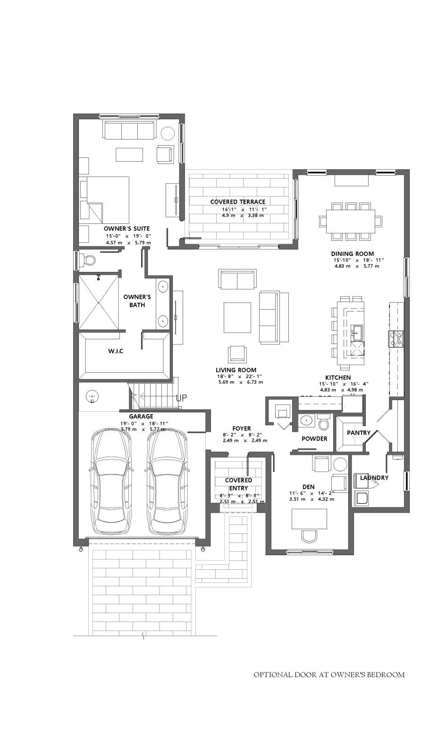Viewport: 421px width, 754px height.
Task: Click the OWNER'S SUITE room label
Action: (126, 229)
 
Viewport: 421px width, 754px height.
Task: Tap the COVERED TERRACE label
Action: (237, 202)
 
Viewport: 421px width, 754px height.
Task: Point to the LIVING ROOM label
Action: (236, 370)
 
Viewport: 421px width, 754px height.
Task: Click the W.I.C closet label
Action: (116, 351)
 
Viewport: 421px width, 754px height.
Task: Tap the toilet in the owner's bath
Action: (87, 260)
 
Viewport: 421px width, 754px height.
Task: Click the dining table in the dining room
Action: (351, 221)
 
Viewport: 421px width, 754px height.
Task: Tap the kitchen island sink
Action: (357, 333)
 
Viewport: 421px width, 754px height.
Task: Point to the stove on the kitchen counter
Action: (396, 338)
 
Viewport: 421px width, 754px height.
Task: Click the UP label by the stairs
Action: (181, 398)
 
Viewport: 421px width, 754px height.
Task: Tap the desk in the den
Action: (310, 519)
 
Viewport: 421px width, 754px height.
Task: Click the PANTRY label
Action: (359, 433)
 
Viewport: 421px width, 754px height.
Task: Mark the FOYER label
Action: (241, 428)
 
